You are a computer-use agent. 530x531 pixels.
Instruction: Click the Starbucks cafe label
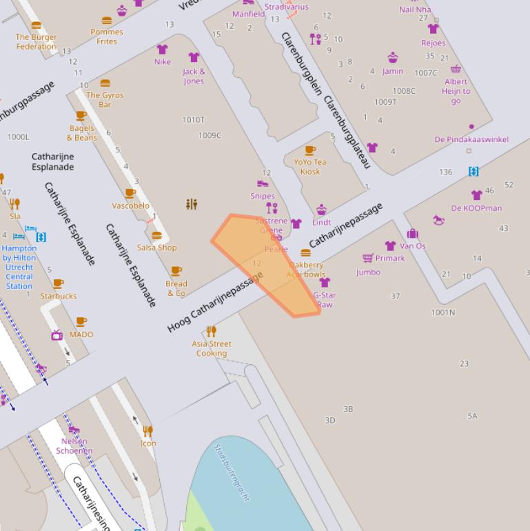pos(58,296)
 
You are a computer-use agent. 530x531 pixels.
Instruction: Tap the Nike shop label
pos(162,62)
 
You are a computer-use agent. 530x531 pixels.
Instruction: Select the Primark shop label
pos(390,258)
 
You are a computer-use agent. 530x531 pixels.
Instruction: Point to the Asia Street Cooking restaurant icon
pos(212,331)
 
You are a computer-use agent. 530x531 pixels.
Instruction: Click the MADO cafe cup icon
pos(81,322)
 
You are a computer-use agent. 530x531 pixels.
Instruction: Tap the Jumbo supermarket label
pos(368,272)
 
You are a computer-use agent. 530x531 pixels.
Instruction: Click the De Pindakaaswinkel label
pos(471,139)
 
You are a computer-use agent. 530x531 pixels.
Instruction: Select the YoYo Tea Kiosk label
pos(310,167)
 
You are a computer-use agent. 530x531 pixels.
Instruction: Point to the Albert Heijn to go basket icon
pos(456,68)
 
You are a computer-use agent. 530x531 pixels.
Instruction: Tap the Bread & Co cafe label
pos(176,288)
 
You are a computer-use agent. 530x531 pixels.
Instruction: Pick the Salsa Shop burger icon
pos(156,235)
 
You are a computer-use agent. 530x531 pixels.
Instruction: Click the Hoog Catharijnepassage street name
pos(215,303)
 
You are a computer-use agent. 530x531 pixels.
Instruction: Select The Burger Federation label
pos(37,42)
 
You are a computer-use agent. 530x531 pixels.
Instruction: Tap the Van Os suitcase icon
pos(412,234)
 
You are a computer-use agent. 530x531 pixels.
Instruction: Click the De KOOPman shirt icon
pos(476,195)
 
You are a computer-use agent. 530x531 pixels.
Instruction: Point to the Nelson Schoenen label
pos(74,446)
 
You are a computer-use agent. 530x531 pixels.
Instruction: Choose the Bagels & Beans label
pos(82,132)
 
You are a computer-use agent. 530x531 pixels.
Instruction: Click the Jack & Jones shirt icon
pos(194,57)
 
